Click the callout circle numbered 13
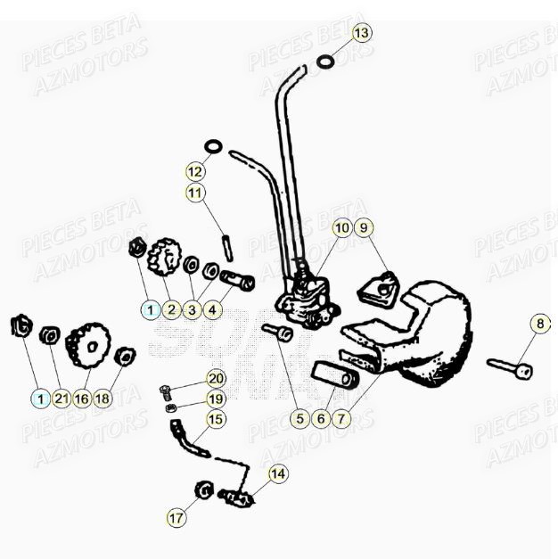[x=360, y=34]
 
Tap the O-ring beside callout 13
[x=326, y=62]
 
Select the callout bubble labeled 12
[x=195, y=170]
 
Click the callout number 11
[x=195, y=192]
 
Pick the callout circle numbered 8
[x=540, y=323]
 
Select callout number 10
[x=342, y=228]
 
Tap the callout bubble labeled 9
[x=363, y=228]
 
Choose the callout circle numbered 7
[x=343, y=417]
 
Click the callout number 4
[x=211, y=310]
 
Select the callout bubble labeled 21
[x=61, y=399]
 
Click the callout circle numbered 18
[x=103, y=399]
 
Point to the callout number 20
[x=217, y=378]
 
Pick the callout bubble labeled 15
[x=217, y=418]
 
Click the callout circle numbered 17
[x=176, y=516]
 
